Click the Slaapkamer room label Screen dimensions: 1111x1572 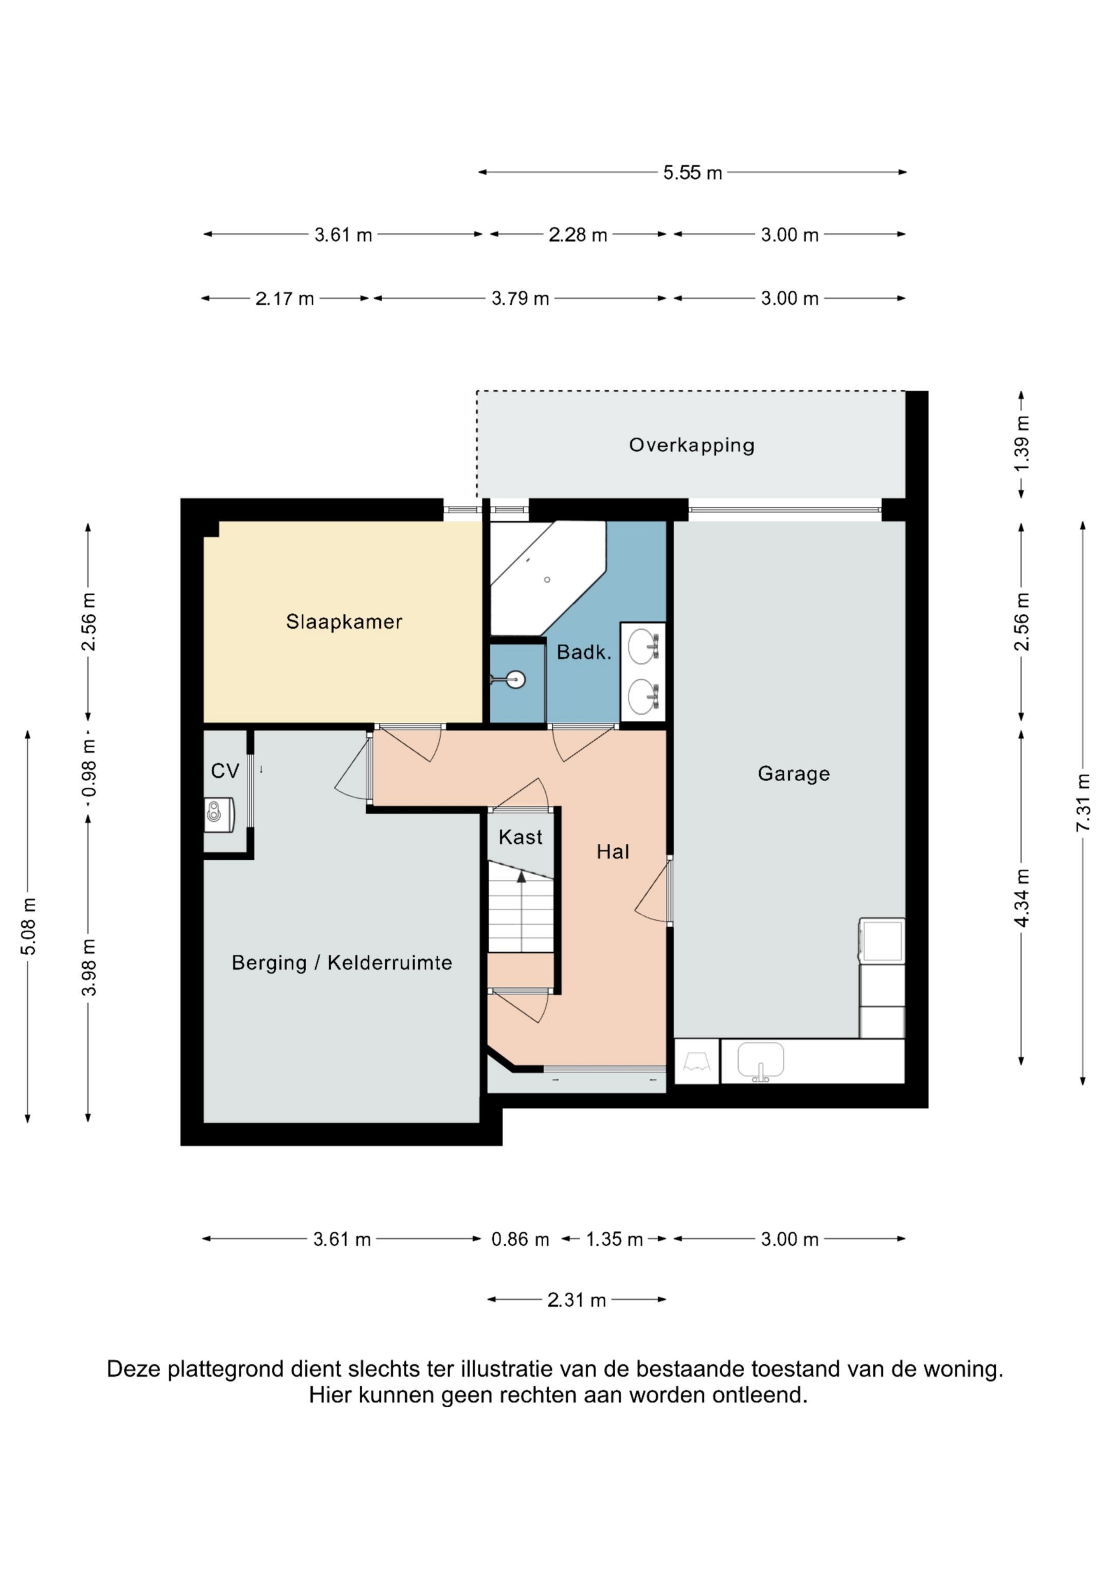pyautogui.click(x=344, y=622)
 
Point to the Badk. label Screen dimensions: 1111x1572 pyautogui.click(x=584, y=652)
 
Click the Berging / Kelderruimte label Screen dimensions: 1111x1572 pyautogui.click(x=342, y=963)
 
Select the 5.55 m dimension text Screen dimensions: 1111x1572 pyautogui.click(x=692, y=172)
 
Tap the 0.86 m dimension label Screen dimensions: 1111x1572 pyautogui.click(x=520, y=1239)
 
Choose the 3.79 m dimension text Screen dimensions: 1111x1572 pyautogui.click(x=520, y=298)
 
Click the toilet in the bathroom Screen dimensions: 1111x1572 pyautogui.click(x=510, y=680)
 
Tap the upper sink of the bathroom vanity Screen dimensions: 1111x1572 pyautogui.click(x=643, y=646)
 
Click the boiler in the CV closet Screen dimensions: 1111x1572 pyautogui.click(x=219, y=815)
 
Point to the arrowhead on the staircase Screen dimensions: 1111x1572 pyautogui.click(x=522, y=876)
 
